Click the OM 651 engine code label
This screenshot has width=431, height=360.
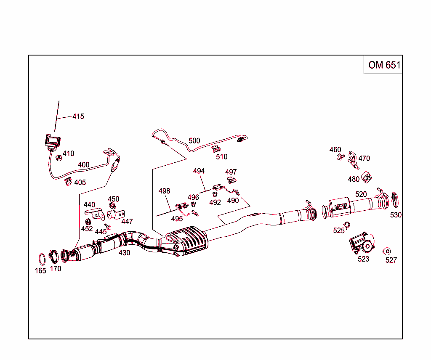[x=384, y=65]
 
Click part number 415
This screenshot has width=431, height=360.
[x=78, y=116]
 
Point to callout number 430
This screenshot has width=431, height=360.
[x=124, y=253]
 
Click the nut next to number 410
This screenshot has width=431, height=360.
[x=59, y=158]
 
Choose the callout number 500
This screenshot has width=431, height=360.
[x=194, y=140]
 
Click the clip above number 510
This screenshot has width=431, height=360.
[x=217, y=148]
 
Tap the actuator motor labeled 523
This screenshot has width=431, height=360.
[x=361, y=244]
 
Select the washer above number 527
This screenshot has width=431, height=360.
[x=386, y=251]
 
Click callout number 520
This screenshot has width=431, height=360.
[x=361, y=194]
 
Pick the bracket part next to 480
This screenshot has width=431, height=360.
[x=367, y=177]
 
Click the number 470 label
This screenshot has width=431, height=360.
[x=364, y=159]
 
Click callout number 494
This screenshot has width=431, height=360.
[x=199, y=171]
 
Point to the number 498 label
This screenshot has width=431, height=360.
[x=164, y=191]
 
